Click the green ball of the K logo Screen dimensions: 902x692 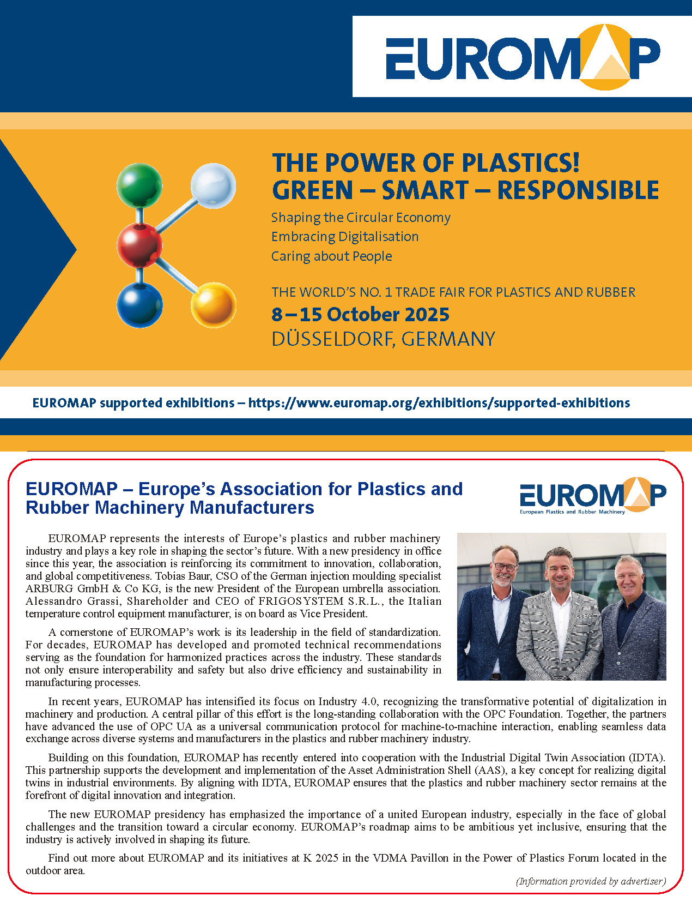click(139, 185)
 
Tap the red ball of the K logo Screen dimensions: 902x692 click(140, 245)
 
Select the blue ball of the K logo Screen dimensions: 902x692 click(140, 305)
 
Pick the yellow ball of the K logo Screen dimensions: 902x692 click(213, 305)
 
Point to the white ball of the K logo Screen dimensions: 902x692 click(213, 185)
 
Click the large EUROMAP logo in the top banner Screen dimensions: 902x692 click(522, 57)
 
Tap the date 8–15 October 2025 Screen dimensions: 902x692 click(360, 315)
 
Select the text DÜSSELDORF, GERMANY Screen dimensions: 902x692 click(383, 339)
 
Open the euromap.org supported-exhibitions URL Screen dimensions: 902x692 click(439, 403)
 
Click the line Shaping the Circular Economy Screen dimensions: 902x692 click(361, 218)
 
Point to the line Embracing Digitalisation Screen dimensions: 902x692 click(345, 237)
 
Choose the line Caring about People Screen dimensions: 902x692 click(331, 256)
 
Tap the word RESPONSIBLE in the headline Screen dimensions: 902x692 click(578, 190)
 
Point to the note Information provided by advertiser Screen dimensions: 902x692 click(591, 881)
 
